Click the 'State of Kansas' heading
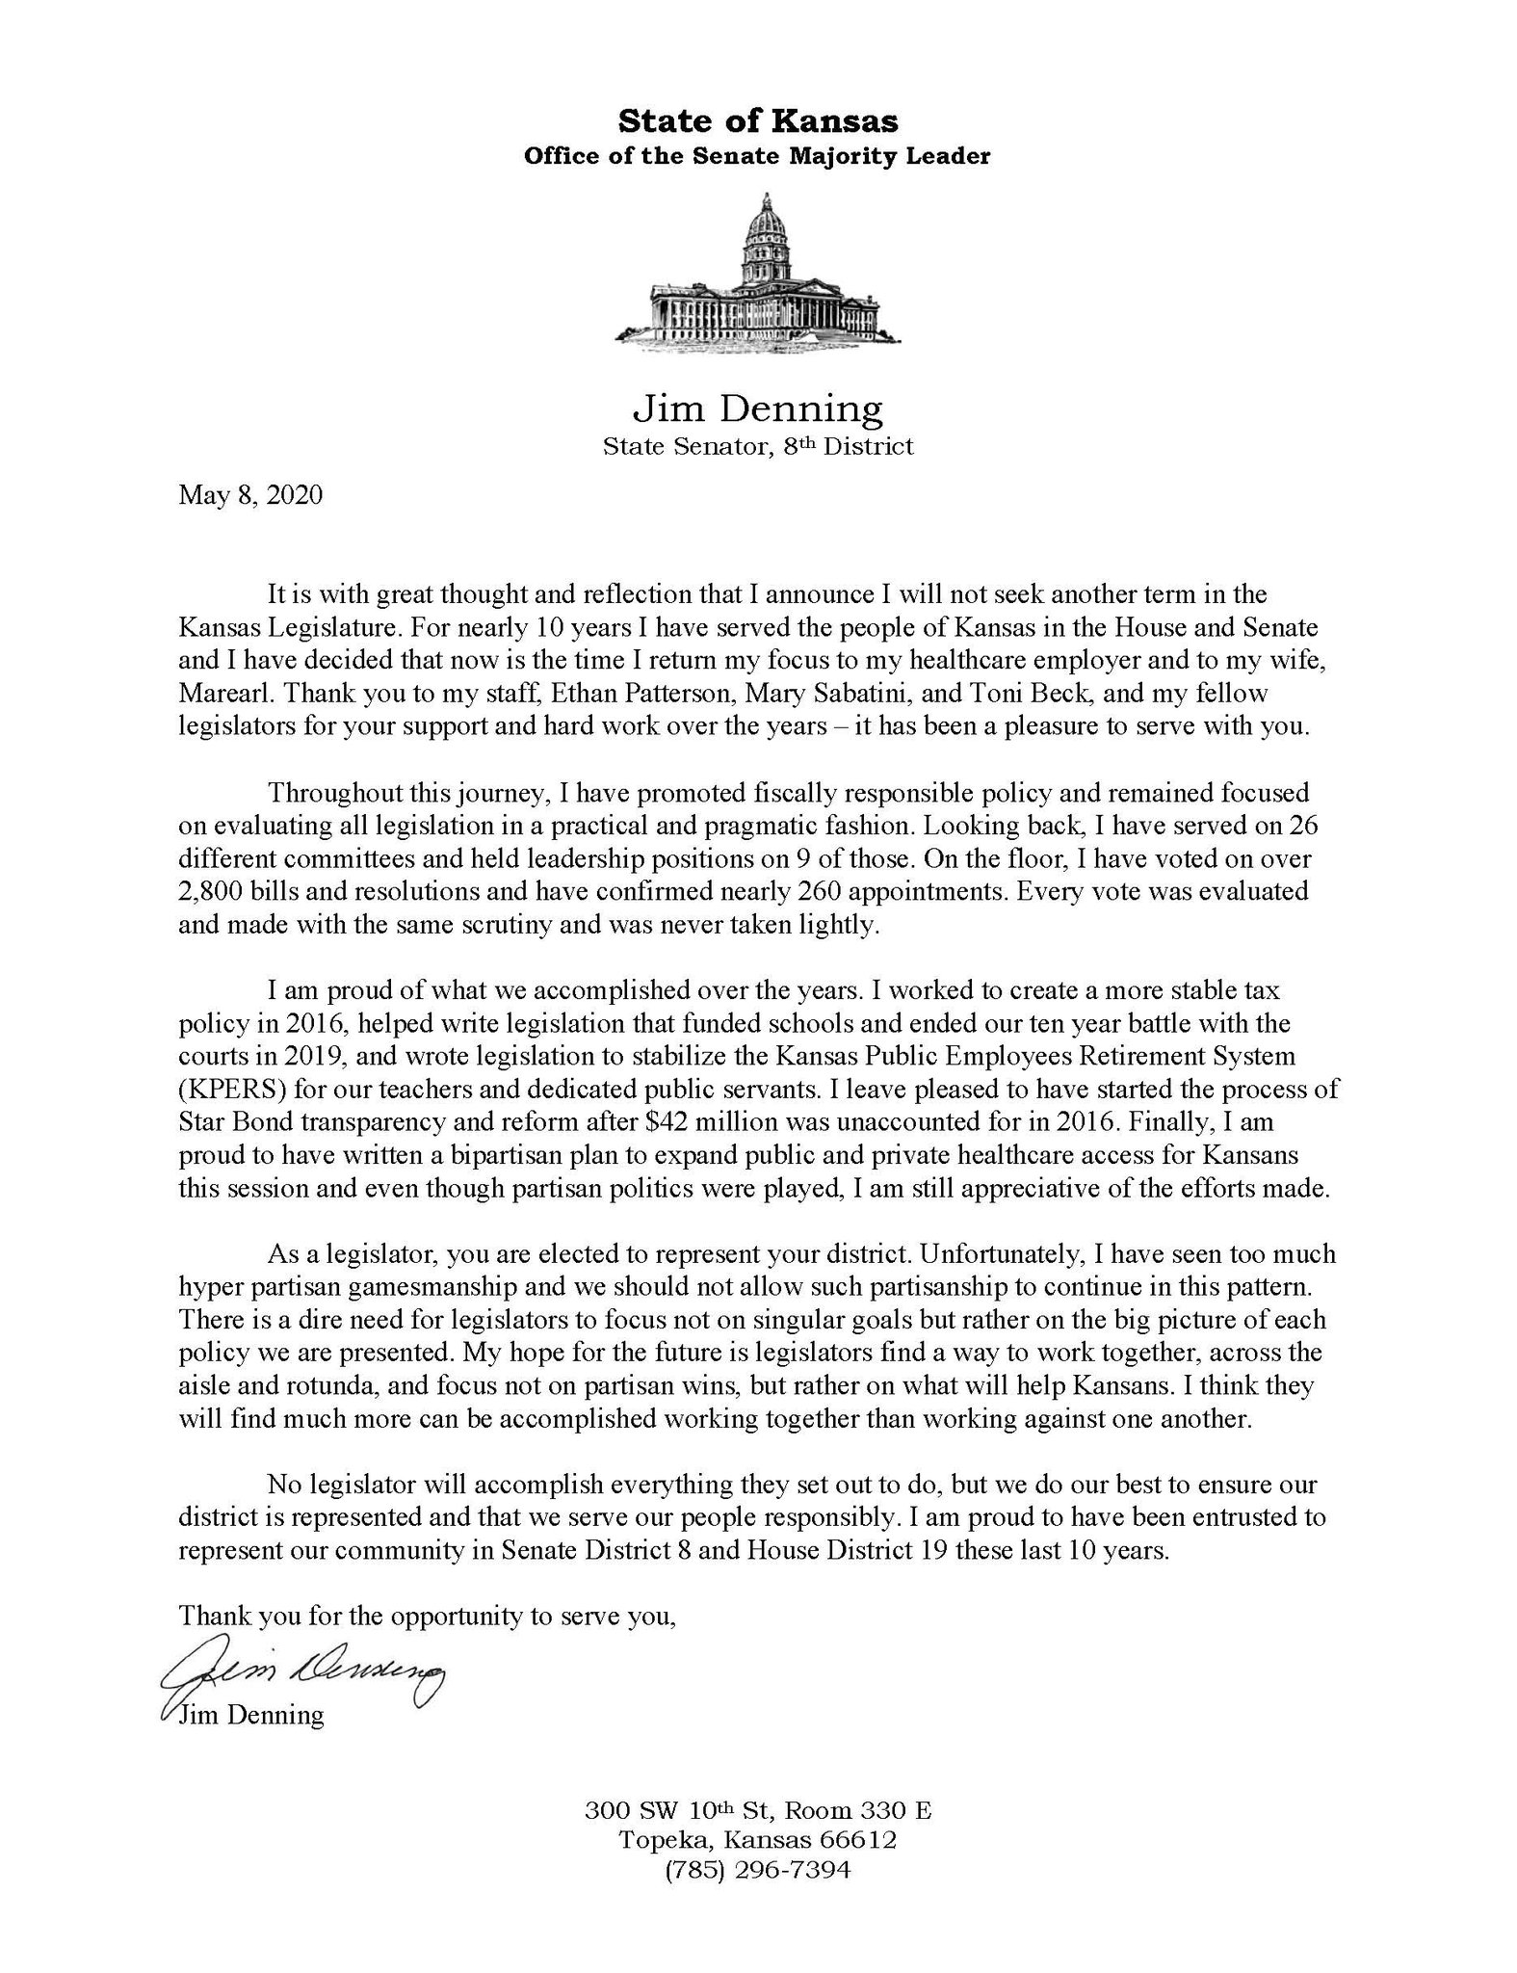pyautogui.click(x=757, y=121)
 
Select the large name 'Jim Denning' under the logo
pyautogui.click(x=757, y=409)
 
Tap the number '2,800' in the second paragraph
pyautogui.click(x=214, y=891)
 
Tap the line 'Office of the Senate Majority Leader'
pyautogui.click(x=757, y=156)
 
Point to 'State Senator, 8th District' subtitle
pyautogui.click(x=757, y=446)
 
